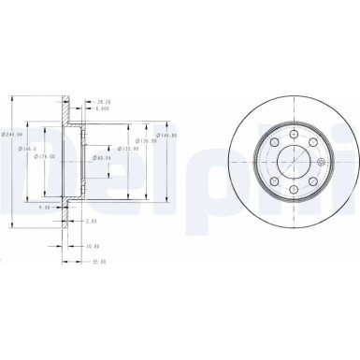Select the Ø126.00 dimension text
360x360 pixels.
pos(44,155)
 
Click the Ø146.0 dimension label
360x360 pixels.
pos(31,148)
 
